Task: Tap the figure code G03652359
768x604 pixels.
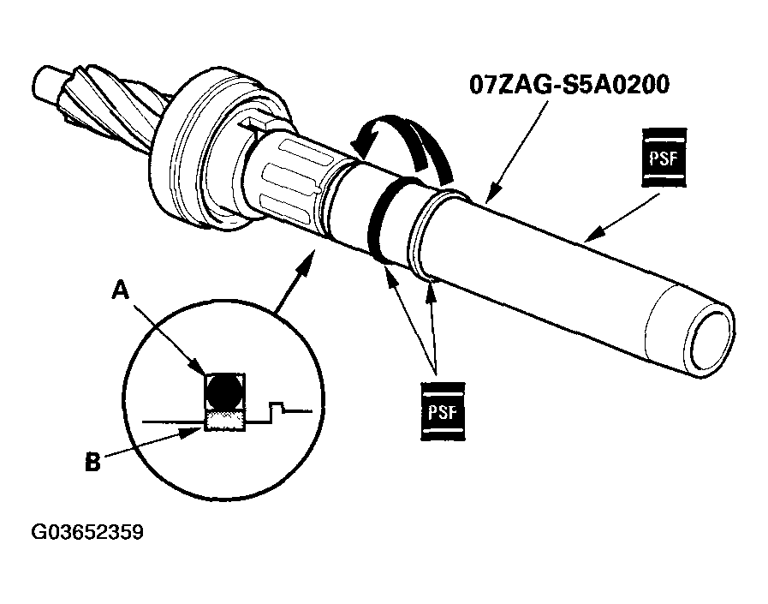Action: tap(87, 532)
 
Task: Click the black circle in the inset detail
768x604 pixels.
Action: tap(225, 392)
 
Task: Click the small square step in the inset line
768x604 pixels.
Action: tap(277, 407)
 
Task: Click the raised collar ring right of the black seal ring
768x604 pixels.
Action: tap(424, 236)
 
